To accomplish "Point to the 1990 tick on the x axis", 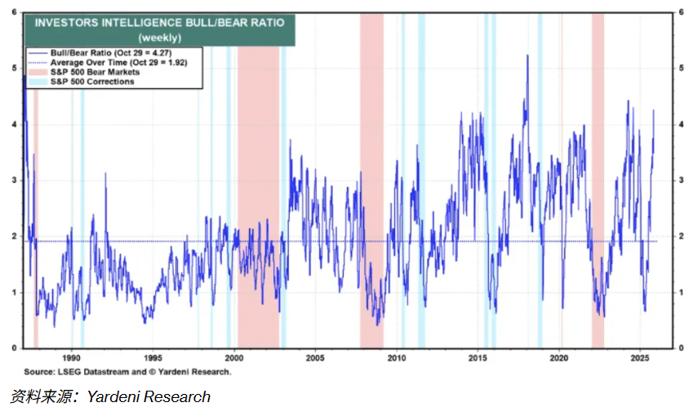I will point(71,357).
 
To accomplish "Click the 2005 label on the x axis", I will point(315,357).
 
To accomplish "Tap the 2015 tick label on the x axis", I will point(478,357).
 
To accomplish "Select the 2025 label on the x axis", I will point(640,357).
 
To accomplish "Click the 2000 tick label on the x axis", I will point(233,357).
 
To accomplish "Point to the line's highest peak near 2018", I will point(526,55).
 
